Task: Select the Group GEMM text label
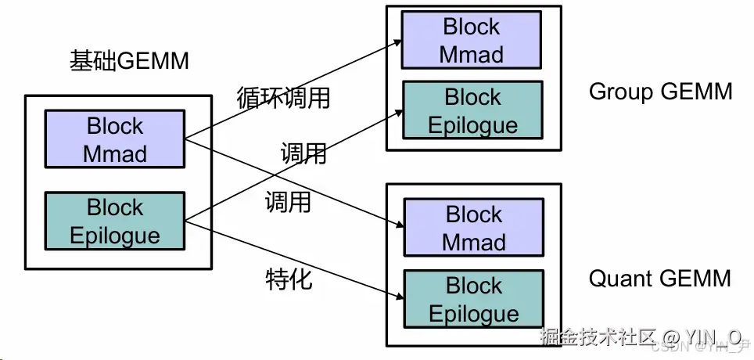[660, 92]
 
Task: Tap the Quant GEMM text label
[659, 278]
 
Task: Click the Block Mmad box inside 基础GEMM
[115, 139]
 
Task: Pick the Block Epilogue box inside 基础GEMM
[115, 221]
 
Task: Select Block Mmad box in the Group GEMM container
[472, 41]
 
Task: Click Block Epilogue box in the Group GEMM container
[472, 110]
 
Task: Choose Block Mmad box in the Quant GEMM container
[473, 228]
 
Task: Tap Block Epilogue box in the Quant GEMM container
[473, 299]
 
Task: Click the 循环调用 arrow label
[283, 99]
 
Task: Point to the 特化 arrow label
[289, 279]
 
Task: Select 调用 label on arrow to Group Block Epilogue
[303, 153]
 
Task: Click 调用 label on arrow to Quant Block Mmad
[288, 203]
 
